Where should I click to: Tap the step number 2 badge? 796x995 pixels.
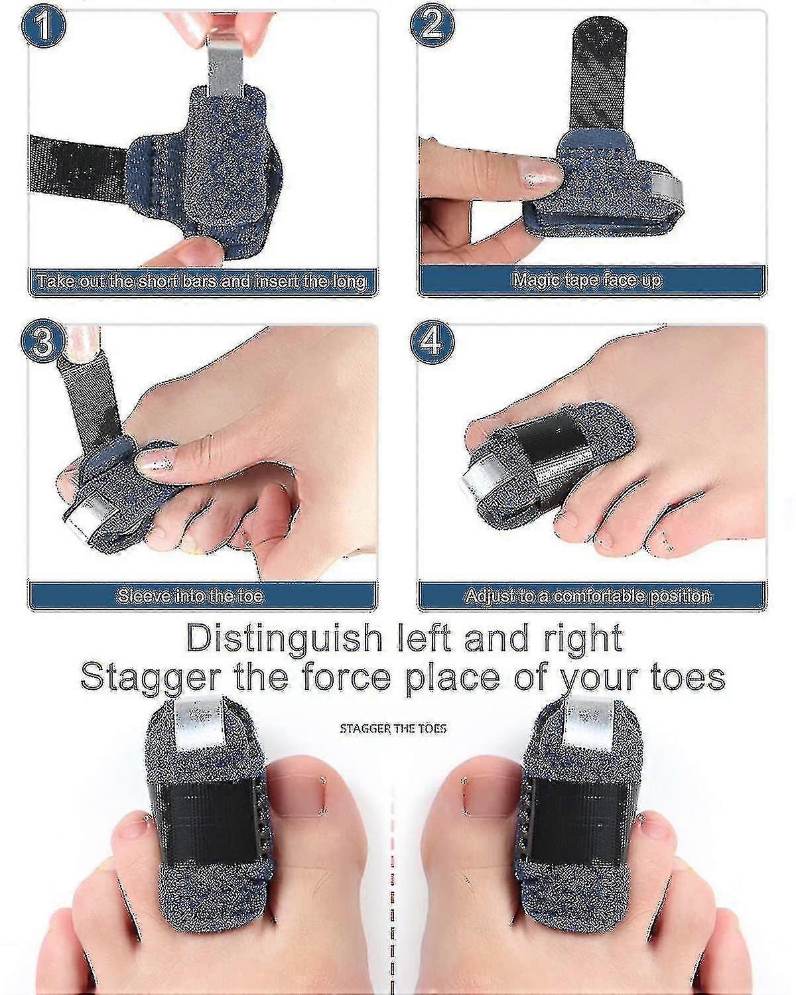click(432, 27)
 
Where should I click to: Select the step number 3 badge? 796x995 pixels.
click(43, 342)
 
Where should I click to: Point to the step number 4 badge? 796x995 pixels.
click(432, 342)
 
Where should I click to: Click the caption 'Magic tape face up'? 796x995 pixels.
click(586, 280)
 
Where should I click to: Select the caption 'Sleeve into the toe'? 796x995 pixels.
click(190, 596)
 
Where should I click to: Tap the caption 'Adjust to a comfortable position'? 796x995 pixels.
click(588, 596)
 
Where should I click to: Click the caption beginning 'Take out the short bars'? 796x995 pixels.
click(201, 281)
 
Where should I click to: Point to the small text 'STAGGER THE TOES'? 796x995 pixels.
click(393, 729)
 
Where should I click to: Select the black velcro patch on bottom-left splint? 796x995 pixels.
click(208, 822)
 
